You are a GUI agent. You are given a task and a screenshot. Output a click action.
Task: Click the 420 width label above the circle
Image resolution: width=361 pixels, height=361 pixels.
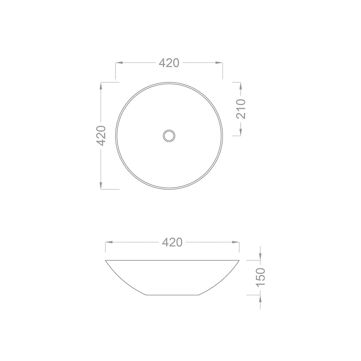pos(169,63)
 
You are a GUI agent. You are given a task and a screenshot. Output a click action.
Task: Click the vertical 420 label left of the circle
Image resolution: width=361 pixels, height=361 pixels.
pos(101,135)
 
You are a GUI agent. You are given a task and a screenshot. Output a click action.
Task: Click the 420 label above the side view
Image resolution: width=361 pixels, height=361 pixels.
pos(172,242)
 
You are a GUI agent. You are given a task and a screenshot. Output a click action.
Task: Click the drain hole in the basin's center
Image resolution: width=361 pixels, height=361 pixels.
pos(169,136)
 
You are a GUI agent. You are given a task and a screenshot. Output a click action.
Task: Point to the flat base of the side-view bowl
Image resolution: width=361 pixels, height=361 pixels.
pos(172,295)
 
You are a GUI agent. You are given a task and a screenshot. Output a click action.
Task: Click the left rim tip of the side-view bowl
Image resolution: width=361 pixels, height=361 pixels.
pos(106,260)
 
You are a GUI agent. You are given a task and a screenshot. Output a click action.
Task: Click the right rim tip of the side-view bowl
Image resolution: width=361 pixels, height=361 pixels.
pos(239,260)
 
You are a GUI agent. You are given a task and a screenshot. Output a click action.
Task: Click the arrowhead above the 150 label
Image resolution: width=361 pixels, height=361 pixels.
pos(261,256)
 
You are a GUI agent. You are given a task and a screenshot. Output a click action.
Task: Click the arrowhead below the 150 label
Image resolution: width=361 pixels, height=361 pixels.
pos(261,299)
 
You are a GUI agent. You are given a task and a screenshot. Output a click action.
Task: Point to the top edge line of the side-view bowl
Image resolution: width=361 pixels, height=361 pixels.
pos(172,260)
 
